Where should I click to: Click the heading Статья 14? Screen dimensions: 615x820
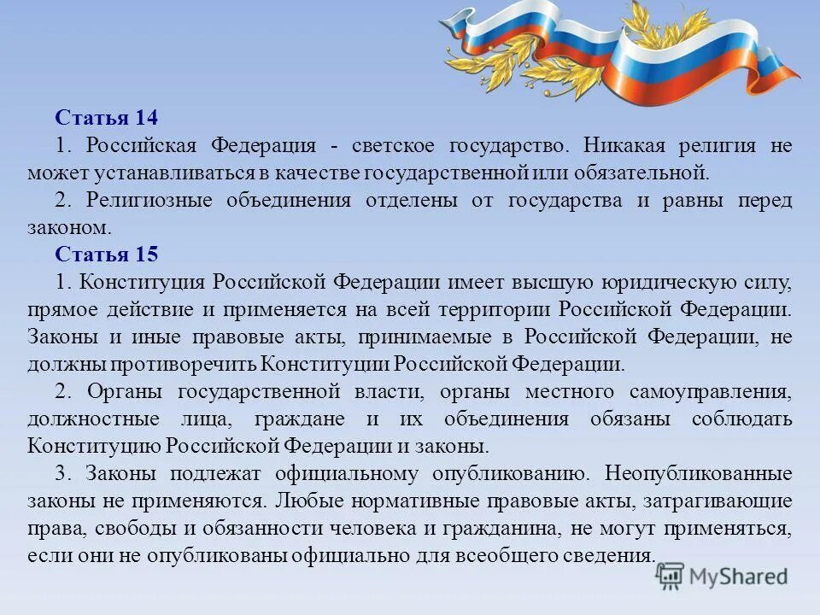[x=107, y=117]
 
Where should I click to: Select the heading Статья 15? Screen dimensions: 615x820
[x=107, y=255]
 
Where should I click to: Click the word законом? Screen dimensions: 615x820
[x=68, y=227]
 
